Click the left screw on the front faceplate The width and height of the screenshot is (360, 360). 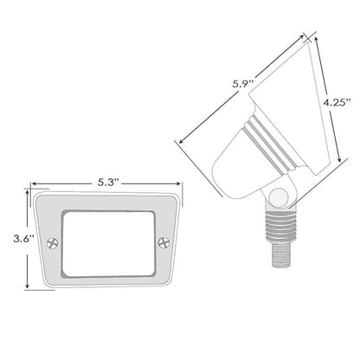pos(51,244)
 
